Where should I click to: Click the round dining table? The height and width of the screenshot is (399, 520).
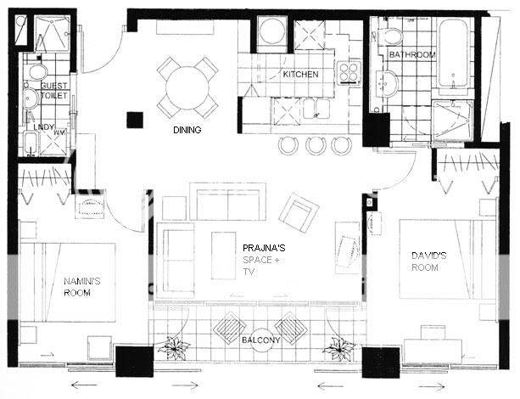click(x=187, y=88)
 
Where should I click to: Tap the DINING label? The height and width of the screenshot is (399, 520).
click(x=187, y=130)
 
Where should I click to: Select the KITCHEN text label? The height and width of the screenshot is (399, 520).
click(x=300, y=75)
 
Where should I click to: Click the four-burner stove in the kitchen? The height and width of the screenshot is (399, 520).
click(x=349, y=73)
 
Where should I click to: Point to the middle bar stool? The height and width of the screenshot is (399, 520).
click(x=316, y=145)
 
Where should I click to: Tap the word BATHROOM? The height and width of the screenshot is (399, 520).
click(x=412, y=55)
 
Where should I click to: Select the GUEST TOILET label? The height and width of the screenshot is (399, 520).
click(x=53, y=91)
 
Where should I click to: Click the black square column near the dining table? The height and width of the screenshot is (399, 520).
click(x=135, y=120)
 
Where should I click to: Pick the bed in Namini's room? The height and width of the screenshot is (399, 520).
click(x=68, y=283)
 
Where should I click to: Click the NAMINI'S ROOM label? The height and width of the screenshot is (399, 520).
click(x=81, y=287)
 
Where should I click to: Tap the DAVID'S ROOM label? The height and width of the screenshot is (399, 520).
click(x=428, y=261)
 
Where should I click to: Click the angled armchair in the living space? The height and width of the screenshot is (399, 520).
click(x=299, y=213)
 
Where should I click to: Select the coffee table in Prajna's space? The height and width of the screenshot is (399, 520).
click(x=224, y=256)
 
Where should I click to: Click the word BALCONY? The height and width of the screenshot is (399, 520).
click(x=260, y=340)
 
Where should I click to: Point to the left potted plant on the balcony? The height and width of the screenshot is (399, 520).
click(x=173, y=348)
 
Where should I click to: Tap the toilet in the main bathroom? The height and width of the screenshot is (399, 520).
click(x=390, y=36)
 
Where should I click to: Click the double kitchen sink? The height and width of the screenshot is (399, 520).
click(x=316, y=109)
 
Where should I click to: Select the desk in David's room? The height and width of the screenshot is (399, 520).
click(x=433, y=351)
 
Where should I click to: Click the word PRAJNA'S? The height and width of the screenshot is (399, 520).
click(x=264, y=248)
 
